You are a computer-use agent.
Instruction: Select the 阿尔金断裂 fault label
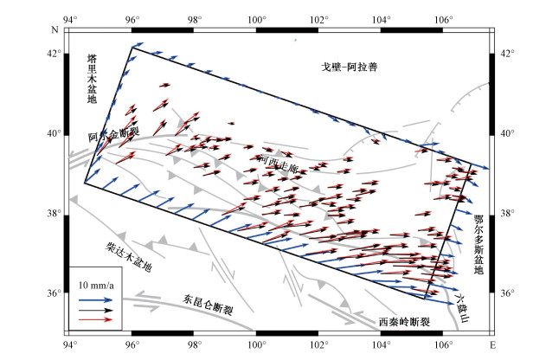[112, 136]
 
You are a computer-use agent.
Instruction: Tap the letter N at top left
[54, 28]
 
